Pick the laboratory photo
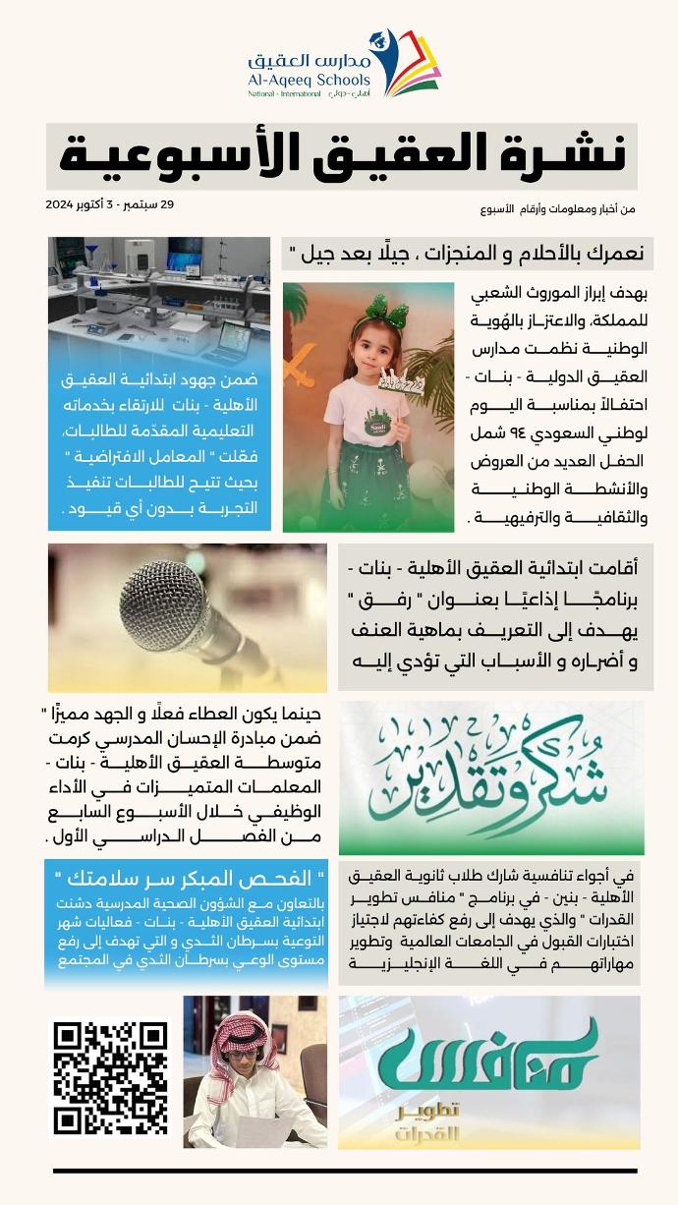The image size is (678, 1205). coord(159,296)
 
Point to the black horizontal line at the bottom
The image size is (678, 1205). coord(345,1171)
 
